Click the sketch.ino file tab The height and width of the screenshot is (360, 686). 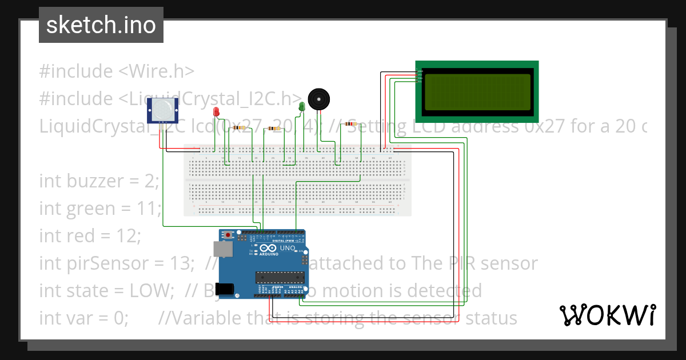point(101,25)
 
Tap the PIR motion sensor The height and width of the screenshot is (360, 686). point(163,110)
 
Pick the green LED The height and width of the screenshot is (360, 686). point(302,106)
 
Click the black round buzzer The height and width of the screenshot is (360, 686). point(318,99)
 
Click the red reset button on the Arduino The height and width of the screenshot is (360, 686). point(229,235)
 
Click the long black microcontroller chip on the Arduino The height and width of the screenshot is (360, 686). point(278,277)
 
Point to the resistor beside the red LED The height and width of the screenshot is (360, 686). point(239,128)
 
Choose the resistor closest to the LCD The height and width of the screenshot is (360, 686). point(349,123)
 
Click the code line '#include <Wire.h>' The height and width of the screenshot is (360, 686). point(117,71)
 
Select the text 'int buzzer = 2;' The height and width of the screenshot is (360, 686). point(98,181)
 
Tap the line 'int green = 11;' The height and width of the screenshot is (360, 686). point(101,209)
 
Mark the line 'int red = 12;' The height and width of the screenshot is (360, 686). point(89,235)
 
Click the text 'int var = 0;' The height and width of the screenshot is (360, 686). point(83,318)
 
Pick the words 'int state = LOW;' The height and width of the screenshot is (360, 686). point(106,290)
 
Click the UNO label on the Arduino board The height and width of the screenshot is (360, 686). point(287,249)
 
